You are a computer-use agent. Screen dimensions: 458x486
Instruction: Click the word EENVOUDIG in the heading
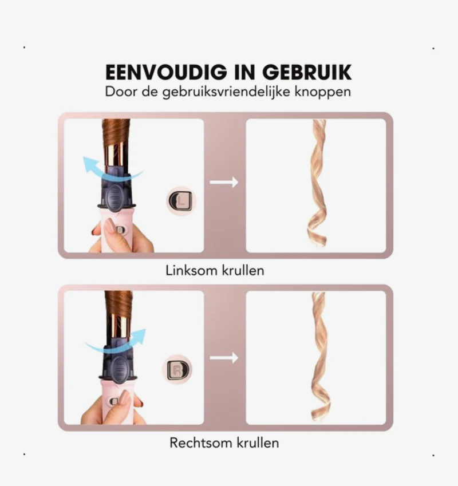pos(166,72)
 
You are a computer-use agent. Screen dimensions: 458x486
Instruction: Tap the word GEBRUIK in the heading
pos(307,72)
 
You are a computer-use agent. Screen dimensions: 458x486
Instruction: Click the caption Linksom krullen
pos(215,271)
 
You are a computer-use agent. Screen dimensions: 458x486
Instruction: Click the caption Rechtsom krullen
pos(224,442)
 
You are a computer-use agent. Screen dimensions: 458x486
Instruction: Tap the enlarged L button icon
pos(181,200)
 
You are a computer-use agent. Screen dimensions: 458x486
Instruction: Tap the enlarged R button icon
pos(177,369)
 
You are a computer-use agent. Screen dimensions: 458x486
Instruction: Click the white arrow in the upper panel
pos(224,182)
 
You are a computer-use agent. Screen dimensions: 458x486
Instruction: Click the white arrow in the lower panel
pos(224,358)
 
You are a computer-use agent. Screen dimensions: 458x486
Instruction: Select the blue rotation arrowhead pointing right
pos(138,336)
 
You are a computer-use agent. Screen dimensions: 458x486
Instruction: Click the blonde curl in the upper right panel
pos(317,183)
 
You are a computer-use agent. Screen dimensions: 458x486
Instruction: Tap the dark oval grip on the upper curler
pos(116,197)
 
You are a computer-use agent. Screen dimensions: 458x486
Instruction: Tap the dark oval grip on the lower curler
pos(118,369)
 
